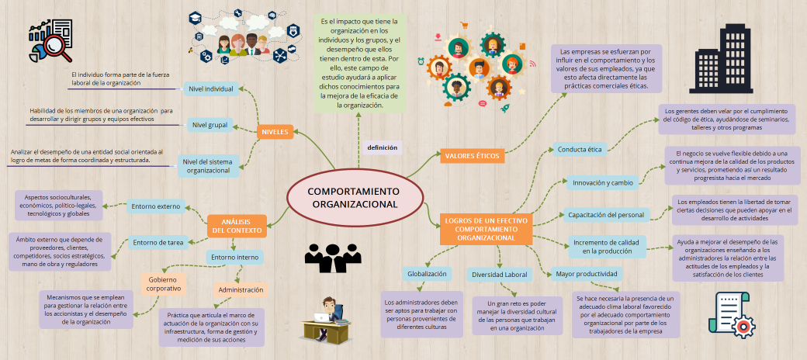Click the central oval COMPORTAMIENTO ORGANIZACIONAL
pos(354,198)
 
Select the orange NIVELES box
pos(275,132)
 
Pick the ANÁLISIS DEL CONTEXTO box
pos(237,226)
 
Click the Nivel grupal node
pos(210,124)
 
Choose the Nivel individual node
pos(210,89)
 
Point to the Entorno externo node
pos(156,206)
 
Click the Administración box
pos(241,289)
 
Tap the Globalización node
pos(427,274)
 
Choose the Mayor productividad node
pos(586,274)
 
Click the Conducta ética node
pos(579,149)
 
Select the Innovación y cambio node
pos(602,183)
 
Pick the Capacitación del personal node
pos(605,214)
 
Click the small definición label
pos(383,147)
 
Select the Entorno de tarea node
pos(158,243)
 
